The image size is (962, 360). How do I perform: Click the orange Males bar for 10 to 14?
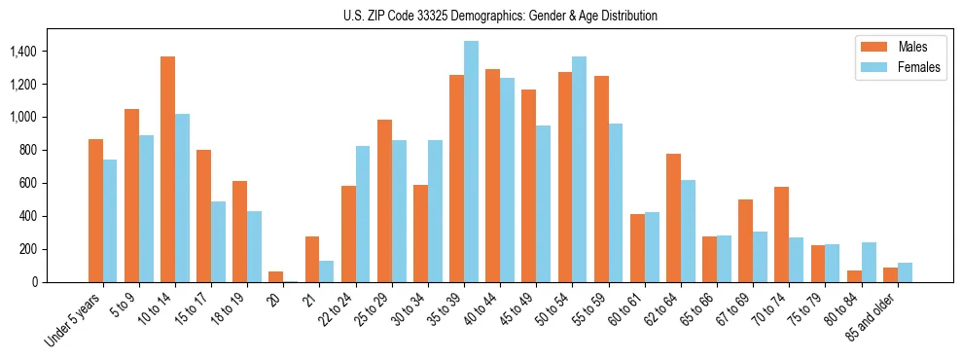coord(167,169)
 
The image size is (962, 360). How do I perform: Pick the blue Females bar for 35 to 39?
coord(471,162)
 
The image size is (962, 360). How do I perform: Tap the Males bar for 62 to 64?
coord(673,218)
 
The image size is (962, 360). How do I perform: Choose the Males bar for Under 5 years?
coord(95,210)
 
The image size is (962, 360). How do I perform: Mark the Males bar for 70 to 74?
coord(781,234)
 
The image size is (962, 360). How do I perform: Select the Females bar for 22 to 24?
coord(363,214)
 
